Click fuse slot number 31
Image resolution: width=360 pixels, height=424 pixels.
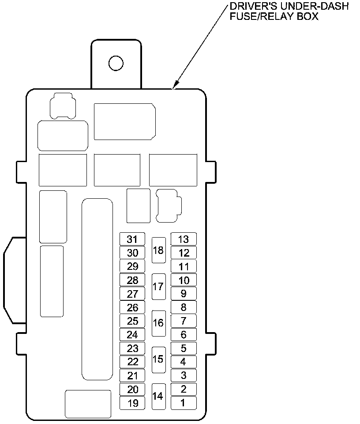tap(132, 239)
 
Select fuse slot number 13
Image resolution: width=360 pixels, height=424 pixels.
tap(183, 239)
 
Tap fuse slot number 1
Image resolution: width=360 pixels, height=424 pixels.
tap(183, 403)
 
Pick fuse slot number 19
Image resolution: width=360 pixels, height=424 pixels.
tap(132, 403)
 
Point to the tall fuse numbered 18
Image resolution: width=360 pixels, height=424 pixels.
tap(158, 250)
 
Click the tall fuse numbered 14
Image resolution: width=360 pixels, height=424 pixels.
tap(158, 396)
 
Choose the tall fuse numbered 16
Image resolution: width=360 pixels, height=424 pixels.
tap(158, 323)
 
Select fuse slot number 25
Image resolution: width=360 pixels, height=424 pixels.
tap(132, 321)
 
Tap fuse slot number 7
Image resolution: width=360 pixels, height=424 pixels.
tap(183, 321)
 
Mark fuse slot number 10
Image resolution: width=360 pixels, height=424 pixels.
tap(183, 280)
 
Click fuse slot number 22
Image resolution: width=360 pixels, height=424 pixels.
tap(132, 362)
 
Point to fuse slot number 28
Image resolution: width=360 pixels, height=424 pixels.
tap(132, 280)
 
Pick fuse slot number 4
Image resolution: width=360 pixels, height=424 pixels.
tap(183, 362)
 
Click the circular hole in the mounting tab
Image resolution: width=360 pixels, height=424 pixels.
tap(116, 63)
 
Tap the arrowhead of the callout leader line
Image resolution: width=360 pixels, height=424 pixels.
tap(176, 84)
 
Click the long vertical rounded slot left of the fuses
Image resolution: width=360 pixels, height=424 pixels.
tap(97, 289)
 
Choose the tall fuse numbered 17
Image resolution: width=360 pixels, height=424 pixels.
tap(158, 286)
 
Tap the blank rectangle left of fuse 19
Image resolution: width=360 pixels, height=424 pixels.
tap(88, 404)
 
